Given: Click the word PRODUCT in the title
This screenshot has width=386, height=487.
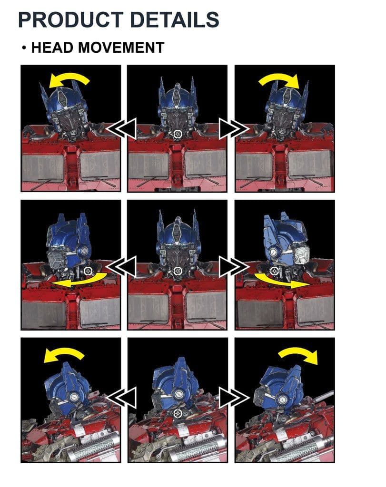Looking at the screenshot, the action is click(71, 19).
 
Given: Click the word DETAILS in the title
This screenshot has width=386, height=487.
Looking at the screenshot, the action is click(175, 19).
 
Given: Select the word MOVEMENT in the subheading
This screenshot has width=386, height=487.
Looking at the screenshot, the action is click(121, 48).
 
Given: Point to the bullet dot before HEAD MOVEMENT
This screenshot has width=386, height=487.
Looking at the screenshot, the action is click(24, 48).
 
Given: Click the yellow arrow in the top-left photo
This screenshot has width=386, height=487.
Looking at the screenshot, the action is click(69, 78).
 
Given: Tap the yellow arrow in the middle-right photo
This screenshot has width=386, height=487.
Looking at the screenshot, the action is click(281, 281).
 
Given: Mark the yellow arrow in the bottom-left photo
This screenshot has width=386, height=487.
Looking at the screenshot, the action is click(64, 352).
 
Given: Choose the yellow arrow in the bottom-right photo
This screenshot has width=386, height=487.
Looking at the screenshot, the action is click(299, 352).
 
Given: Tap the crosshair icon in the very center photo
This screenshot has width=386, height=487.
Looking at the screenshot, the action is click(178, 271).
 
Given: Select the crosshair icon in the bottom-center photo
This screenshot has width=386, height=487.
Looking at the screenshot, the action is click(178, 413).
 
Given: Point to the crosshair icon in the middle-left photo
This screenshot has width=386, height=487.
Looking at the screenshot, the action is click(88, 271).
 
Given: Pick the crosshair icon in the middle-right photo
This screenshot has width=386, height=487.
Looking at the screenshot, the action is click(274, 271).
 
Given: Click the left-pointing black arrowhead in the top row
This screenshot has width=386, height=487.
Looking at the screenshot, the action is click(122, 128).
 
